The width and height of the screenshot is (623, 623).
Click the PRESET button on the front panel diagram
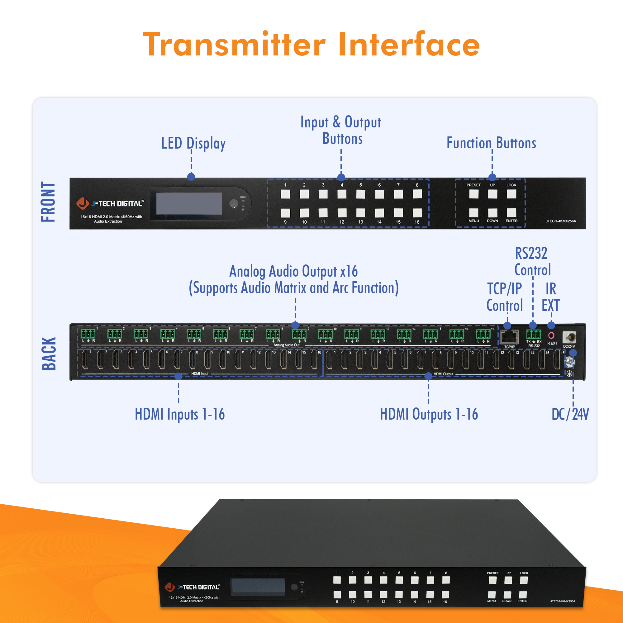click(x=473, y=194)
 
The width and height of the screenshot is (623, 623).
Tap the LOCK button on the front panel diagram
click(x=511, y=194)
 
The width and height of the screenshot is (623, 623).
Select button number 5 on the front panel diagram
click(x=360, y=194)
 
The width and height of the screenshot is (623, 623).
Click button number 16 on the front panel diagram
click(x=417, y=213)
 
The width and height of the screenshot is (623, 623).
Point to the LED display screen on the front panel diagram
click(x=189, y=203)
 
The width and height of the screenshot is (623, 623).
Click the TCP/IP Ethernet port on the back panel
click(x=509, y=337)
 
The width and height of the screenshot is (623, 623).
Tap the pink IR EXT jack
click(x=551, y=335)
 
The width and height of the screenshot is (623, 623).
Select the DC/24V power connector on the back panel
click(x=569, y=338)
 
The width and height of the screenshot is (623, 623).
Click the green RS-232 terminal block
click(x=534, y=334)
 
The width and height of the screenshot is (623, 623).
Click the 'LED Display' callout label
click(x=193, y=143)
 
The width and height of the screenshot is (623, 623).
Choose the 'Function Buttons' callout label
click(x=491, y=143)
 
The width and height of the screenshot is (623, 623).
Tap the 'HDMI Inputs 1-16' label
click(x=180, y=414)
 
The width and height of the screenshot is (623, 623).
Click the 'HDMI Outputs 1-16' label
click(x=429, y=414)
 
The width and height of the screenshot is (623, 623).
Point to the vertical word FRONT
click(x=48, y=202)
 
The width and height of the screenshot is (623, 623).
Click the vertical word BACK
click(x=49, y=354)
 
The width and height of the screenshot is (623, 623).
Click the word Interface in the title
click(x=409, y=45)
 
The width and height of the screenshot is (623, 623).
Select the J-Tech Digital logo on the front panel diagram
click(x=110, y=203)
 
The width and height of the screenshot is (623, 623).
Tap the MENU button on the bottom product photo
click(x=492, y=594)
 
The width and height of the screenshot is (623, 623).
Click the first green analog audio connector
click(x=88, y=333)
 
